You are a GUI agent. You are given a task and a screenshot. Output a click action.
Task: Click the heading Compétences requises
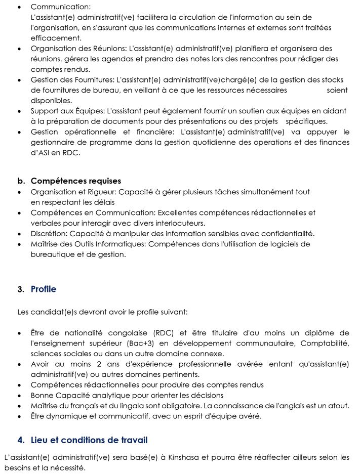pyautogui.click(x=76, y=181)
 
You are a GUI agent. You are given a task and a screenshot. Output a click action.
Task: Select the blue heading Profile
pyautogui.click(x=44, y=289)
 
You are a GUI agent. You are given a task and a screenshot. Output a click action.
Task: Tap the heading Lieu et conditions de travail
pyautogui.click(x=89, y=440)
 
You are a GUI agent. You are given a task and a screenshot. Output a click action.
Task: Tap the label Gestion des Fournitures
pyautogui.click(x=72, y=80)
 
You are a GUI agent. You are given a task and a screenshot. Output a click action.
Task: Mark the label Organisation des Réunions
pyautogui.click(x=78, y=49)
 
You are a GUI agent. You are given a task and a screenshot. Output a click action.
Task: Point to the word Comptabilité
pyautogui.click(x=325, y=343)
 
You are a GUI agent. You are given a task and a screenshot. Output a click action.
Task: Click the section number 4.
pyautogui.click(x=20, y=441)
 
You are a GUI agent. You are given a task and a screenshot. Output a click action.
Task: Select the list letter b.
pyautogui.click(x=21, y=181)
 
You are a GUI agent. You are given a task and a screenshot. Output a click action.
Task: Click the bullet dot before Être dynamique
pyautogui.click(x=19, y=416)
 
